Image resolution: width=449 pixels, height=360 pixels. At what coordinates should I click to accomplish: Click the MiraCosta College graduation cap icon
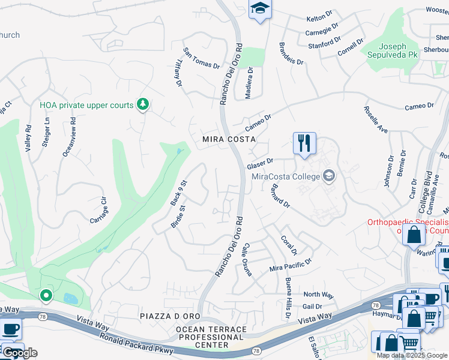point(328,176)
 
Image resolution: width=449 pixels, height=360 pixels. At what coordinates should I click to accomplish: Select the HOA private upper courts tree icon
point(142,105)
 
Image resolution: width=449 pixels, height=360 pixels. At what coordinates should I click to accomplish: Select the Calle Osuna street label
point(246,260)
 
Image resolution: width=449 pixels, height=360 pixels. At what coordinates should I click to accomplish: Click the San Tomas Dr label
point(201,58)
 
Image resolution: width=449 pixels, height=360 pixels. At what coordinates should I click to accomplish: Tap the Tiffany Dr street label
point(178,75)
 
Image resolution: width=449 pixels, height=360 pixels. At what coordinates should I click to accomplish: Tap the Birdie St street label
point(178,218)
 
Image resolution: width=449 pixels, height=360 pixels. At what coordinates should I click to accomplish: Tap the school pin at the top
point(260,9)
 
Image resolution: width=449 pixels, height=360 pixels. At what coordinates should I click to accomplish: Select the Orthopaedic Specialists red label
point(408,226)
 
